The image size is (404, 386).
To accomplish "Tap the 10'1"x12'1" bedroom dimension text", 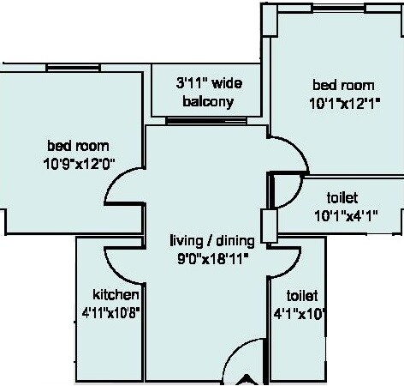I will pos(343,102).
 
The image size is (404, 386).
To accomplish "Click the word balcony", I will pos(205,102).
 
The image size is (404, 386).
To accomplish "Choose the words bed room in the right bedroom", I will pos(343,86).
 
